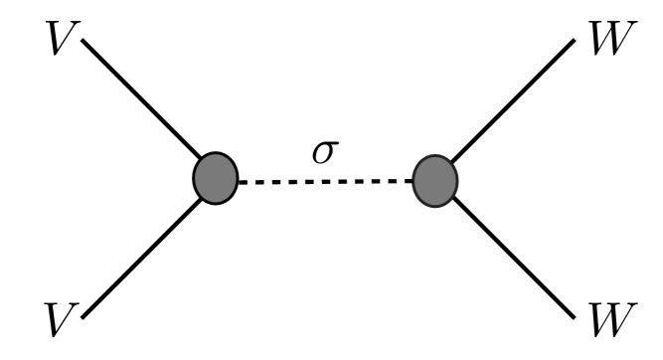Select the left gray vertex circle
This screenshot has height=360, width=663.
(x=216, y=179)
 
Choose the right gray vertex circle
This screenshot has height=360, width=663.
(x=434, y=180)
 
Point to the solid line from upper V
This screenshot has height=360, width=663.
(x=144, y=107)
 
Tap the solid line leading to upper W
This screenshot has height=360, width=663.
(x=512, y=108)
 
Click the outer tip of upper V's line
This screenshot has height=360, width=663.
(x=84, y=41)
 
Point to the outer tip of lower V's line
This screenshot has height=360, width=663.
(x=84, y=318)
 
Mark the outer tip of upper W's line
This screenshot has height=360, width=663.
(x=576, y=41)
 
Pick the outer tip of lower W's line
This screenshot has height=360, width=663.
(x=576, y=318)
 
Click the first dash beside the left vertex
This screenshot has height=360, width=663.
(x=245, y=180)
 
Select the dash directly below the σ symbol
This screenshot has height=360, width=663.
(x=325, y=180)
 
